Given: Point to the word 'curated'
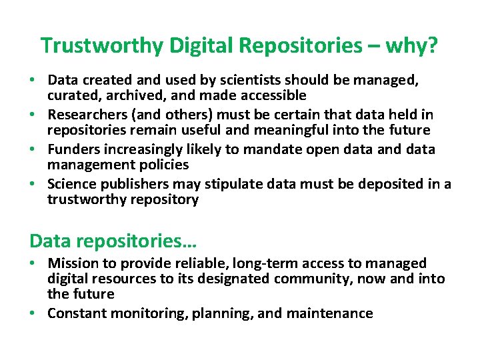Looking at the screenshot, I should (x=71, y=96).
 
